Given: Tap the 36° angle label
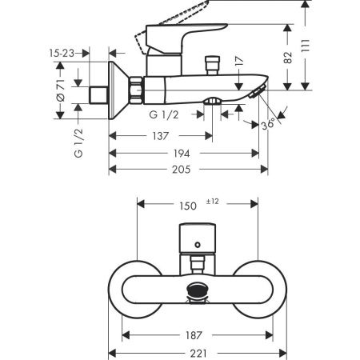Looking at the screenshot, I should [269, 125].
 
